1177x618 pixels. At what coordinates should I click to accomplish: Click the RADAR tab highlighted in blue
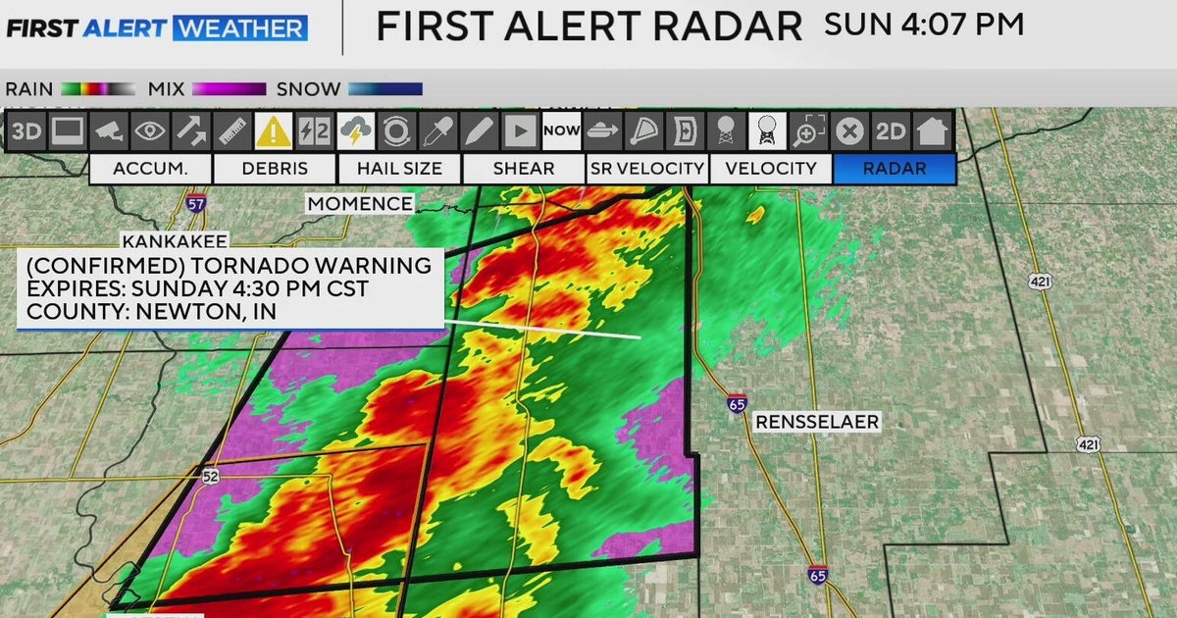coord(894,169)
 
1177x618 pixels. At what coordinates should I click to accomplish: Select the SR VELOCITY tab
coord(647,169)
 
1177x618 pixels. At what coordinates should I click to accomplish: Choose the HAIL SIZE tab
coord(399,169)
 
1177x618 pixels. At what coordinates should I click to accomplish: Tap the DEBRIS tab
coord(275,169)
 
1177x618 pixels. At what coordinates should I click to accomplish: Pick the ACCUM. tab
coord(150,169)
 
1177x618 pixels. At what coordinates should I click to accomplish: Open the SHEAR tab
coord(523,169)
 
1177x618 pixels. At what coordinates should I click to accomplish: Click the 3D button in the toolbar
coord(26,130)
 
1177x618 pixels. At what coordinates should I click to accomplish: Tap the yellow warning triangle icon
coord(274,130)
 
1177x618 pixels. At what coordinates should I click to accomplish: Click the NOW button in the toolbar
coord(562,130)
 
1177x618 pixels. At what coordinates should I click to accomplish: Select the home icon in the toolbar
coord(932,130)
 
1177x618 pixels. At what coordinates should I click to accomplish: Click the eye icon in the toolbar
coord(150,130)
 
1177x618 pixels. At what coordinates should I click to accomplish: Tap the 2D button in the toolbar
coord(891,130)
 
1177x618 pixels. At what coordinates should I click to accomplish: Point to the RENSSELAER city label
coord(817,423)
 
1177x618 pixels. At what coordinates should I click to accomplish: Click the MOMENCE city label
coord(360,203)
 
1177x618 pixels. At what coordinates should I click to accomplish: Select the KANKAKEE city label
coord(175,240)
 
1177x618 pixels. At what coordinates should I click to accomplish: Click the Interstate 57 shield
coord(196,203)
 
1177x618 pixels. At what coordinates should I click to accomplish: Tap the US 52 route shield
coord(211,477)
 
